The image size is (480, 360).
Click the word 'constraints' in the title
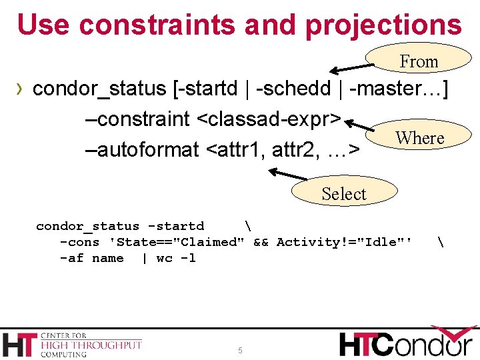coord(157,25)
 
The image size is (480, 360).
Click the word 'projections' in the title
coord(383,25)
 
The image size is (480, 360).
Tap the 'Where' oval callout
coord(419,138)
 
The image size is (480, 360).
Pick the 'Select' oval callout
coord(344,193)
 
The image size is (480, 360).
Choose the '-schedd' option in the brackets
coord(291,89)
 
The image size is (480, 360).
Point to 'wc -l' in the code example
coord(176,258)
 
